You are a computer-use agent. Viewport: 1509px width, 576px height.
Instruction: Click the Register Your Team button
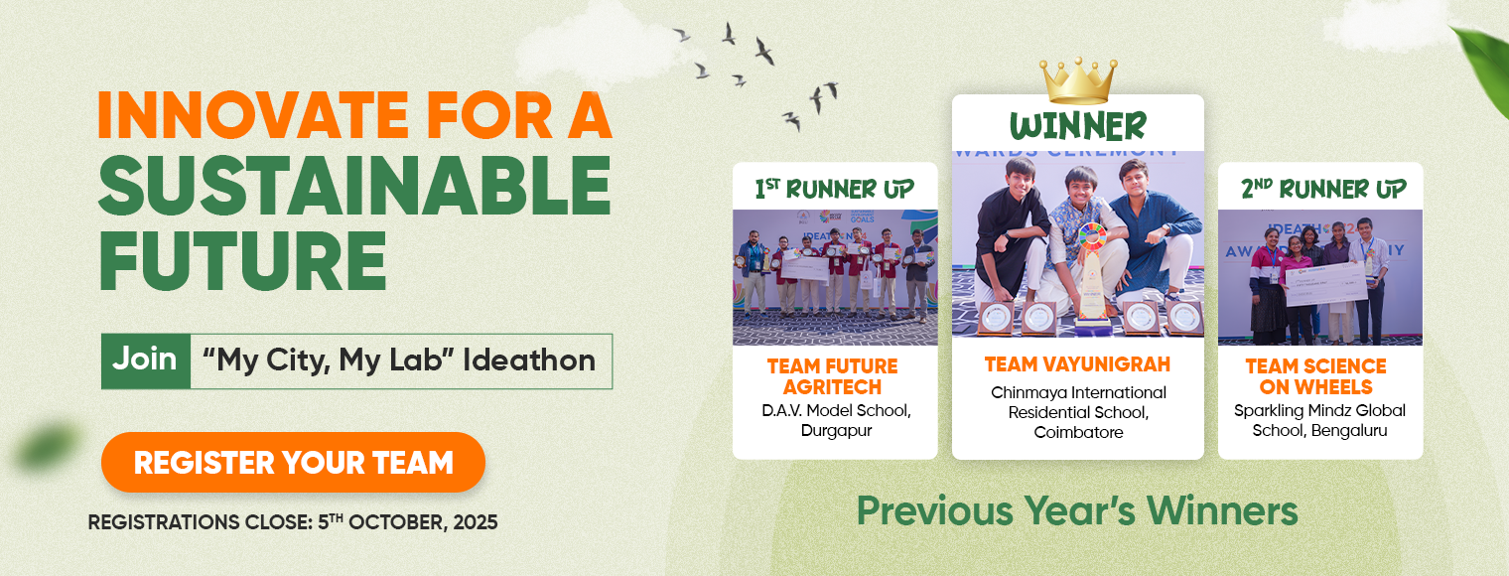pos(293,462)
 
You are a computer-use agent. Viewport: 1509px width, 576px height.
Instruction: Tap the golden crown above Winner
pos(1078,80)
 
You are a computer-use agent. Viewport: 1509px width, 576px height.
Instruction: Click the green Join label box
pos(146,360)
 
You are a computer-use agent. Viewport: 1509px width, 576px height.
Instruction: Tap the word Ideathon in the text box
pos(529,360)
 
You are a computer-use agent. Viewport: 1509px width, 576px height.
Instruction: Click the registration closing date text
pos(293,522)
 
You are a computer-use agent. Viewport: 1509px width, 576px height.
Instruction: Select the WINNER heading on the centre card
pos(1078,126)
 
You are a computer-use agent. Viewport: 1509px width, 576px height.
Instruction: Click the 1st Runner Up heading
pos(835,190)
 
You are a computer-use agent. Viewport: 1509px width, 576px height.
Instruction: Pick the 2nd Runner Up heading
pos(1323,190)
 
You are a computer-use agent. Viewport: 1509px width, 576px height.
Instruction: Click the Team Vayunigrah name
pos(1078,364)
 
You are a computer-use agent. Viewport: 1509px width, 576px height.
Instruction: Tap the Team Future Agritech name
pos(833,376)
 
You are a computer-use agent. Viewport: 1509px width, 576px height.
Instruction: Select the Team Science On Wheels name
pos(1316,376)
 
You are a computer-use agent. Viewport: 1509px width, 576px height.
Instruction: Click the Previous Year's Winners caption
pos(1077,511)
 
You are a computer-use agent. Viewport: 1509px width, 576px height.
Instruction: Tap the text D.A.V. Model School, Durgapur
pos(836,420)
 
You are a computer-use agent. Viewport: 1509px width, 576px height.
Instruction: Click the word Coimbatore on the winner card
pos(1078,433)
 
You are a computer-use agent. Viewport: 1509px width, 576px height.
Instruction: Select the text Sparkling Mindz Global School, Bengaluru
pos(1319,420)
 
